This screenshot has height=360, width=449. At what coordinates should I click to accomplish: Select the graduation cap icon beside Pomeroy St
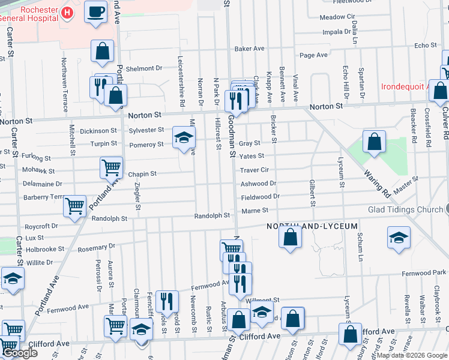coord(184,137)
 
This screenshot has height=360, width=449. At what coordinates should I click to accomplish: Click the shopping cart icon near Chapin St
coord(112,167)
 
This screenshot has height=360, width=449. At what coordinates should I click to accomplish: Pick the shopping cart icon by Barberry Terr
coord(74,206)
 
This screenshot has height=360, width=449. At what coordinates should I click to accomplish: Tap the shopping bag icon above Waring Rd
coord(375,142)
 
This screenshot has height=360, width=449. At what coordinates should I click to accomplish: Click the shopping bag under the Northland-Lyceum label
coord(290,236)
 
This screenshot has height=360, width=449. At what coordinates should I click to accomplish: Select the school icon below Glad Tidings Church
coord(399,238)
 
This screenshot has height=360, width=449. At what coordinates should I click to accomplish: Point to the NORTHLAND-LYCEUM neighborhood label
coord(312,226)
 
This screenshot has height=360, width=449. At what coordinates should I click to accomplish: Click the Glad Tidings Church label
coord(405,210)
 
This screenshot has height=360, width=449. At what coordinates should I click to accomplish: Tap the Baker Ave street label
coord(250,49)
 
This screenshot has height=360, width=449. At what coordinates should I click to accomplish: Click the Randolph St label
coord(212,215)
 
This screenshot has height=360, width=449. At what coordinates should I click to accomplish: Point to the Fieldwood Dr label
coord(260,196)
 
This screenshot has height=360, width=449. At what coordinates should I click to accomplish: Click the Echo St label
coord(425,46)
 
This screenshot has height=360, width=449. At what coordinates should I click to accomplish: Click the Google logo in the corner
coord(20,353)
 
